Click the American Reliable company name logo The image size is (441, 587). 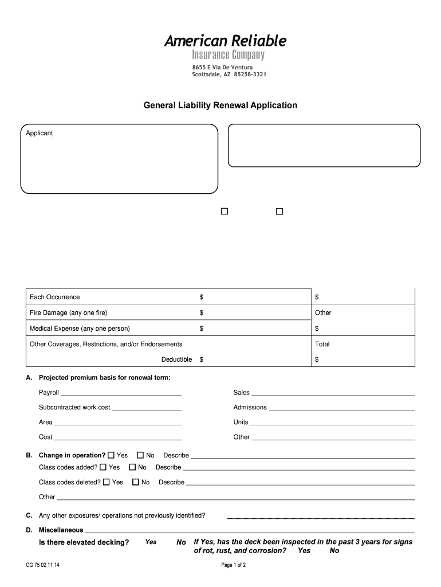[225, 41]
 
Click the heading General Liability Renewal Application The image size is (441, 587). [220, 105]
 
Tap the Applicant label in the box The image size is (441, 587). [40, 133]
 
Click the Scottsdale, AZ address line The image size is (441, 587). [229, 75]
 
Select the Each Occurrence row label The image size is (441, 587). [55, 297]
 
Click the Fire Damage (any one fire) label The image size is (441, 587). [68, 313]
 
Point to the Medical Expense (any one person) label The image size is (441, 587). [80, 328]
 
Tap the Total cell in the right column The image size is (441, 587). [322, 344]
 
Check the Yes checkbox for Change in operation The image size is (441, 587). [111, 455]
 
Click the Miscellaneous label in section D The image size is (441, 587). [61, 530]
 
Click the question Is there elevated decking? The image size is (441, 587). [84, 542]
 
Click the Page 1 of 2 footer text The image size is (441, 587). [233, 565]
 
